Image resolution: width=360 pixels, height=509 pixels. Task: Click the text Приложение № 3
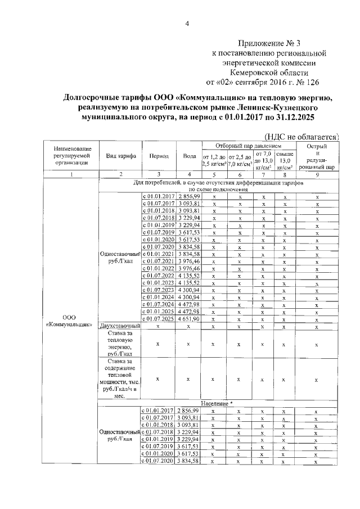click(x=268, y=43)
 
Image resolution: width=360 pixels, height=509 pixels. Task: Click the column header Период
click(x=157, y=156)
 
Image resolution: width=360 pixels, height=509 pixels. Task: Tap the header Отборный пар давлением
click(x=248, y=146)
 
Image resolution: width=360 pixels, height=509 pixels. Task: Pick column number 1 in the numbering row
click(x=70, y=174)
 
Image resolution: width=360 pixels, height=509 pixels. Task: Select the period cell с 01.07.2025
click(x=158, y=319)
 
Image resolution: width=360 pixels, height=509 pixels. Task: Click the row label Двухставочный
click(x=119, y=326)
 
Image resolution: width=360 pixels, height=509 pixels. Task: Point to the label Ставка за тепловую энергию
click(x=119, y=343)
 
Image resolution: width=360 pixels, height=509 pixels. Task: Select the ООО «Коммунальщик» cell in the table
click(x=70, y=320)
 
